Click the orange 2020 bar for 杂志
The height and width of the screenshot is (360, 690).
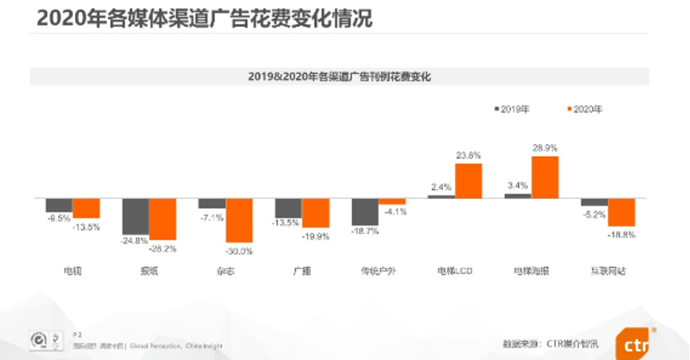239,220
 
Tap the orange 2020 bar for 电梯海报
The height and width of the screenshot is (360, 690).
545,177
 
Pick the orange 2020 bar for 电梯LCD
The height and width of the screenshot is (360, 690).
468,180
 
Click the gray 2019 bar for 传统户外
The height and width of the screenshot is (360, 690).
365,211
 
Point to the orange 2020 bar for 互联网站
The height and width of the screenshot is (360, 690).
621,211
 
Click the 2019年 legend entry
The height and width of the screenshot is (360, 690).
513,109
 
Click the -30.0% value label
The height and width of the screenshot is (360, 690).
239,251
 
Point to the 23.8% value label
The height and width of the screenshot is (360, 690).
468,156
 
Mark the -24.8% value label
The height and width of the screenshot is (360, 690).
135,241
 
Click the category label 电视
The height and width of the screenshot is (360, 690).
73,271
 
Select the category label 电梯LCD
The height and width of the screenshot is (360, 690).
455,271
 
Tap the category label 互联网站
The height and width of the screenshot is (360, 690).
610,271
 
